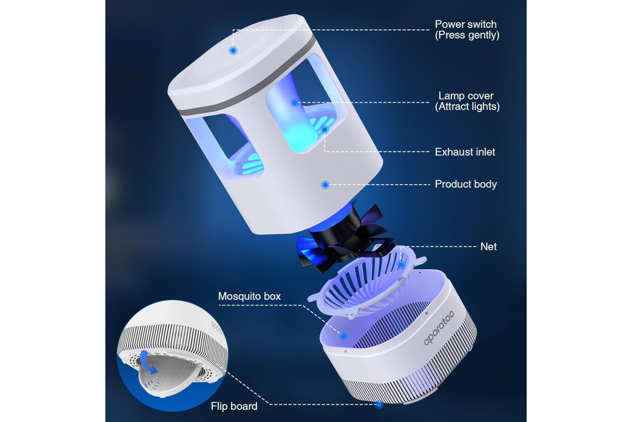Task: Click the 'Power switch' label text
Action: [466, 24]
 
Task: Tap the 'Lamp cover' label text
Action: [466, 96]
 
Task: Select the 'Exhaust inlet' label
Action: [465, 152]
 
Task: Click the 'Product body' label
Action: [466, 184]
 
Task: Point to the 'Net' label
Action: [488, 247]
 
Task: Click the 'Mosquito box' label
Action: [250, 296]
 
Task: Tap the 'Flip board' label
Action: [234, 406]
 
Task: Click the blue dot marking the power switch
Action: [233, 51]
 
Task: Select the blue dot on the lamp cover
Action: [294, 103]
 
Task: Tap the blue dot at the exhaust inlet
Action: [325, 130]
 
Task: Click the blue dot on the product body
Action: [325, 185]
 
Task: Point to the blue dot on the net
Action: [401, 265]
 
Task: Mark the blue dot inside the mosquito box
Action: [343, 336]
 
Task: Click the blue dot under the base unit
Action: [380, 405]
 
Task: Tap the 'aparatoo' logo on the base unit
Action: [439, 328]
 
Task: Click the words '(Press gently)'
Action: [467, 35]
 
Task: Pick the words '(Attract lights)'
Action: [467, 107]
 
